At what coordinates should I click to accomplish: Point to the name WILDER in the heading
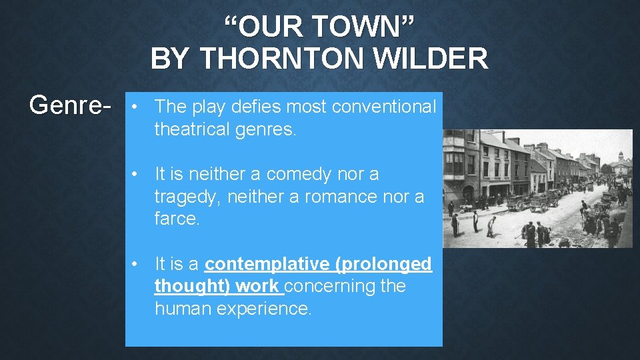coord(431,59)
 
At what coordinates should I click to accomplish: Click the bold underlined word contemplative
coord(267,264)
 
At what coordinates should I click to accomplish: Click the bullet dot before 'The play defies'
coord(135,107)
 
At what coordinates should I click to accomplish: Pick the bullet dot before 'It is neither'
coord(135,174)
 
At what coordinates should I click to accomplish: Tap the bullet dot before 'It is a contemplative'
coord(135,264)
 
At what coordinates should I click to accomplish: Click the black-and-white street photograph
coord(537,189)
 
